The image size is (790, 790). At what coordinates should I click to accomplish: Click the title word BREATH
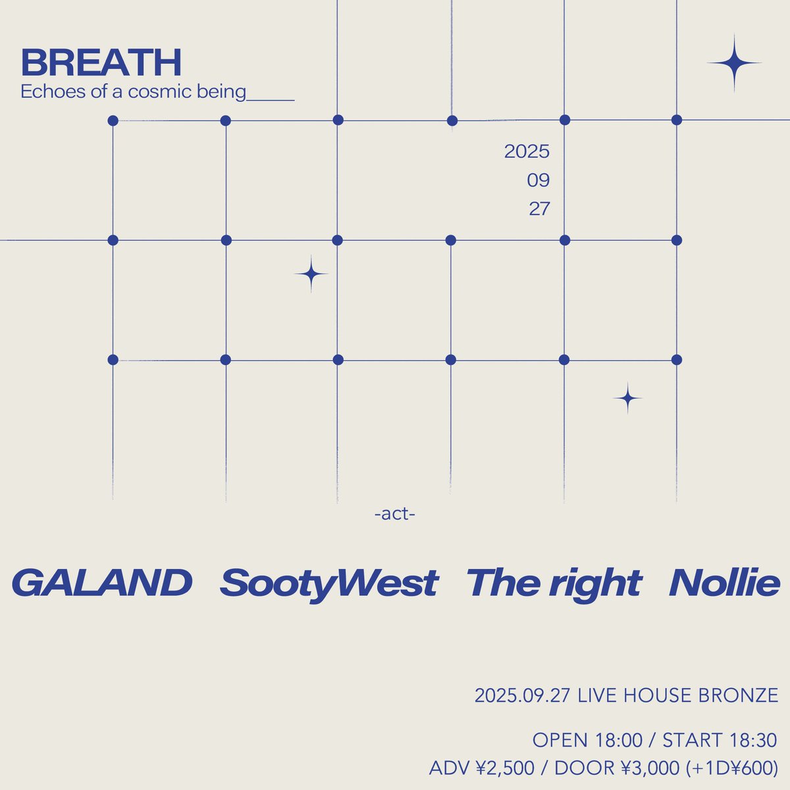(x=101, y=63)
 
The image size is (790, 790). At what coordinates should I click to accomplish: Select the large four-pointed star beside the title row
(x=734, y=63)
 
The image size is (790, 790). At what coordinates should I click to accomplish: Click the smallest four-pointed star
(x=627, y=398)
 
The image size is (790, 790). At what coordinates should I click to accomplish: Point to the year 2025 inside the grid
(x=527, y=152)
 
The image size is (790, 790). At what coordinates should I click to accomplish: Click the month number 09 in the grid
(x=538, y=180)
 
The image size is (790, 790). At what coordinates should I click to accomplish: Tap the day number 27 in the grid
(x=539, y=209)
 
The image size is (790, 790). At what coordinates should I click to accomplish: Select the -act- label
(x=394, y=513)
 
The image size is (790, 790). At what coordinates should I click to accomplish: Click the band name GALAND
(x=102, y=583)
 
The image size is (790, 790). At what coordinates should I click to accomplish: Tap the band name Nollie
(x=724, y=583)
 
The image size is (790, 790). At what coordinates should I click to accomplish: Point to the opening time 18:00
(x=618, y=741)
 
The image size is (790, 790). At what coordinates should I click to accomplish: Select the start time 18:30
(x=753, y=741)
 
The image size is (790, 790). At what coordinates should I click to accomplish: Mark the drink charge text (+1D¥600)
(x=731, y=768)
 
